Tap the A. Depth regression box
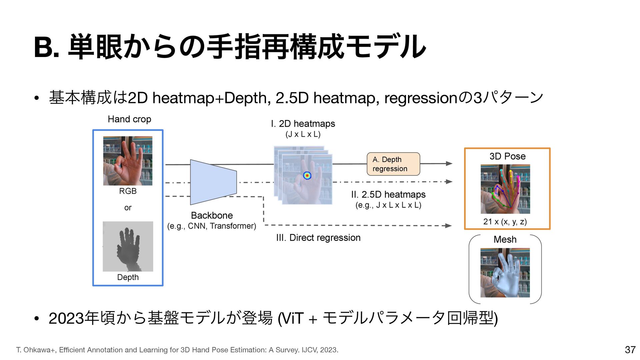click(393, 164)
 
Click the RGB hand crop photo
click(128, 161)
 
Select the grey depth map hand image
click(128, 246)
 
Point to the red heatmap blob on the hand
click(307, 175)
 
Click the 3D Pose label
click(507, 156)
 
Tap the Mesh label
click(505, 239)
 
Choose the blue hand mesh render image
click(505, 273)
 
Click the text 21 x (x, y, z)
click(505, 222)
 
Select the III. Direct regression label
click(318, 238)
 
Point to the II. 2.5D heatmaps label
click(388, 194)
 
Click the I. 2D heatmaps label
click(303, 124)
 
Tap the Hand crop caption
click(129, 119)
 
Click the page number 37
click(630, 350)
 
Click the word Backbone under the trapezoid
click(212, 215)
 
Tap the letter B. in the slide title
click(47, 48)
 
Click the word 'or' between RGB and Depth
click(128, 208)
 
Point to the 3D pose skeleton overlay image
click(505, 189)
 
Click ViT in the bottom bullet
click(293, 318)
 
